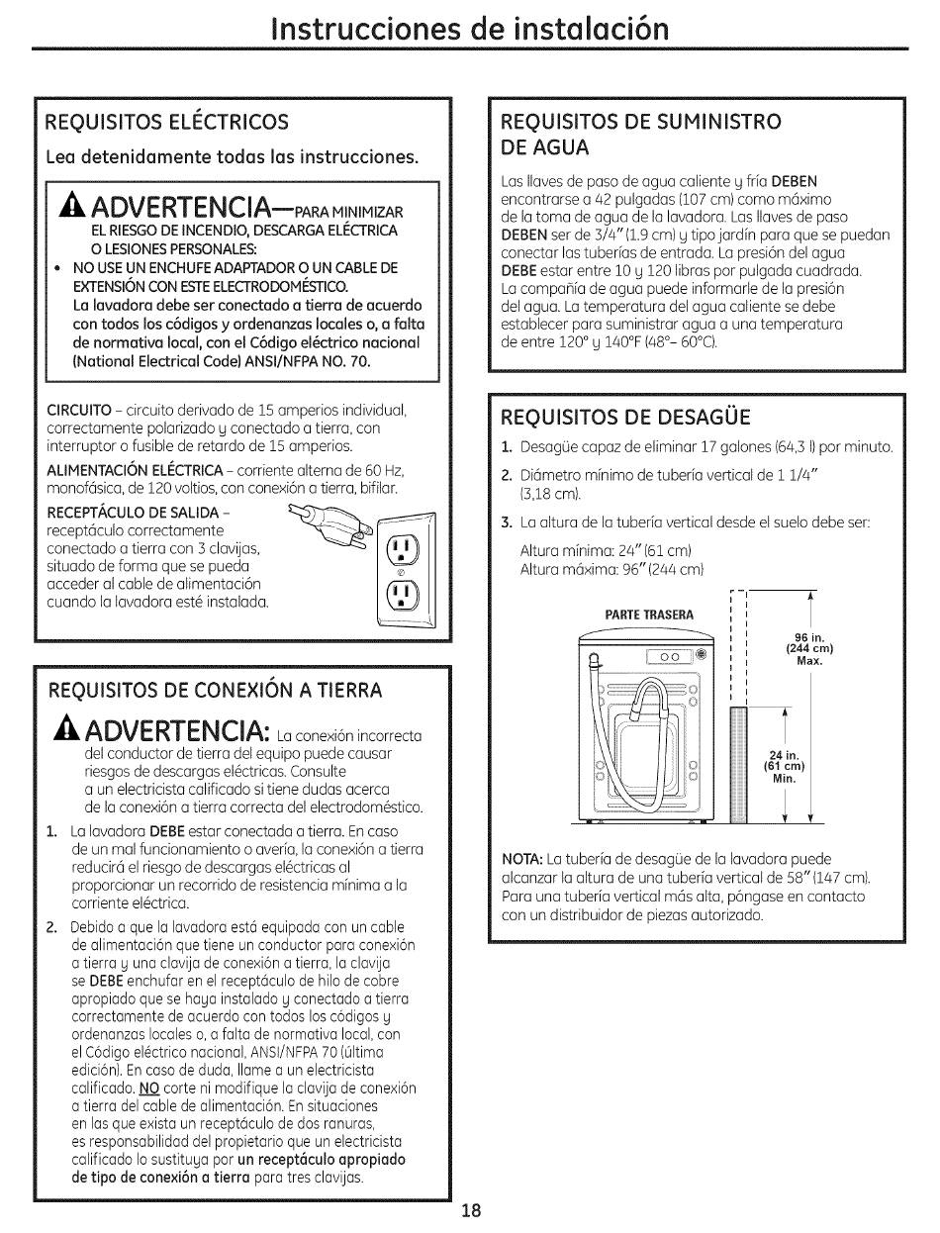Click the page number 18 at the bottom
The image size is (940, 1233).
471,1210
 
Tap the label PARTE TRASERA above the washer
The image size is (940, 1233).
649,614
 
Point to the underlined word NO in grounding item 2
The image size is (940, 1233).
149,1089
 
